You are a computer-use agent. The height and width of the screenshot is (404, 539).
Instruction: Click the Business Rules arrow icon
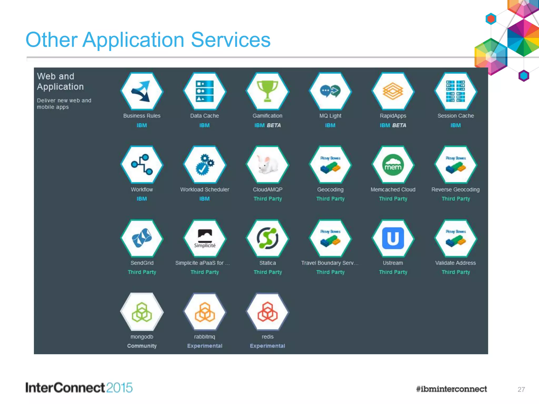tap(142, 91)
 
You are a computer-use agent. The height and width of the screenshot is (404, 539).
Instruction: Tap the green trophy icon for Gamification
tap(267, 91)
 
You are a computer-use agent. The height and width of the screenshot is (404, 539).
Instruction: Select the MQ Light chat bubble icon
tap(330, 91)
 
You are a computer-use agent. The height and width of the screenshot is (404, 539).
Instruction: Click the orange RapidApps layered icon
tap(393, 91)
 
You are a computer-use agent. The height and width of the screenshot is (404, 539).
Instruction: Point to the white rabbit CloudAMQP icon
tap(267, 165)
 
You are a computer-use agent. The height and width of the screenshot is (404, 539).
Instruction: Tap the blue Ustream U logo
tap(393, 238)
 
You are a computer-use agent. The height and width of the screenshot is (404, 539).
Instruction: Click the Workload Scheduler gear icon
tap(204, 165)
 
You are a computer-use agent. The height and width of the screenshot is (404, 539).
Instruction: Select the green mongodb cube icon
tap(142, 312)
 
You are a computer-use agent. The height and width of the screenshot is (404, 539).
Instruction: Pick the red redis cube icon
tap(267, 312)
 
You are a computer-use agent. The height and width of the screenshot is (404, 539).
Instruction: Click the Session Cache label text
tap(456, 116)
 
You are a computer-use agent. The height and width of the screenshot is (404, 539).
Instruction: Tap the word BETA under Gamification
tap(274, 125)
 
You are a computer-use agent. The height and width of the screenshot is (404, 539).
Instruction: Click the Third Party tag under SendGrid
tap(142, 272)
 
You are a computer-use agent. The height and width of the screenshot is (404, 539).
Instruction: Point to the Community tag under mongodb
tap(142, 346)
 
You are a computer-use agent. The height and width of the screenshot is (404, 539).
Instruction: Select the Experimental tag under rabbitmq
tap(204, 346)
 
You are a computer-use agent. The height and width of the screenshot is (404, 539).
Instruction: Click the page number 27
tap(521, 389)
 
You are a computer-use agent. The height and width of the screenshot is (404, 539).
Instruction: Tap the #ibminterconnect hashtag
tap(451, 389)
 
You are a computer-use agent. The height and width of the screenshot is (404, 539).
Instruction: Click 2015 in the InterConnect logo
tap(119, 388)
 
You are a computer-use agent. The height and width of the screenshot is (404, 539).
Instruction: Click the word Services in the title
tap(231, 40)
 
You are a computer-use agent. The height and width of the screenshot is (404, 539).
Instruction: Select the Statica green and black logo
tap(267, 238)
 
